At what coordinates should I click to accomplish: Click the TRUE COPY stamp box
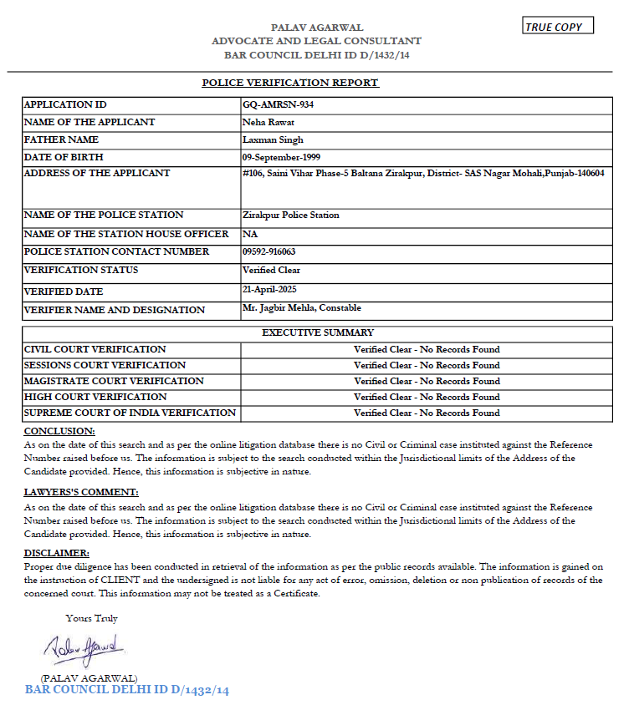point(558,27)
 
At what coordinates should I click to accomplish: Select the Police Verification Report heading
point(290,83)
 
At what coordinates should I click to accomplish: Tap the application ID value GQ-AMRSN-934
point(278,105)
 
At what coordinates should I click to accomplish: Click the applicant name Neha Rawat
point(264,123)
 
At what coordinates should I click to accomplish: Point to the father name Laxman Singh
point(273,140)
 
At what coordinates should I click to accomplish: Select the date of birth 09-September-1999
point(281,157)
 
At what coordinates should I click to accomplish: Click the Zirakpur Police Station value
point(290,216)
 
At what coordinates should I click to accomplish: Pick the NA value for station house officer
point(250,234)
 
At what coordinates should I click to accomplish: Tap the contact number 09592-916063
point(268,252)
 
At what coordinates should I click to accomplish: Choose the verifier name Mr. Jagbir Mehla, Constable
point(301,309)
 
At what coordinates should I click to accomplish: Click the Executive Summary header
point(318,332)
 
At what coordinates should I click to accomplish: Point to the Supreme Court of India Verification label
point(130,413)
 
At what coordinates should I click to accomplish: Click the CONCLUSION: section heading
point(59,431)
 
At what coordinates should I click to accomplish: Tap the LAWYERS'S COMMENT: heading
point(81,493)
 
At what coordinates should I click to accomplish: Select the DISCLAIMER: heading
point(57,554)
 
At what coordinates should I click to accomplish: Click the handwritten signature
point(84,647)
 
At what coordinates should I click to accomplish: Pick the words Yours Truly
point(92,619)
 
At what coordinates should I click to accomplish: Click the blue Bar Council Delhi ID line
point(127,691)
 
